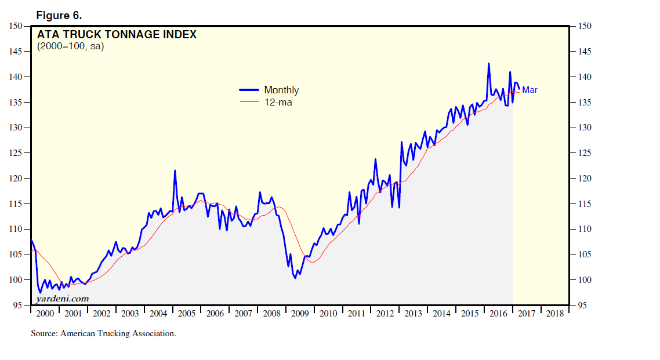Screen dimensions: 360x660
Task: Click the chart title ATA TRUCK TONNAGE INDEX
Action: point(117,35)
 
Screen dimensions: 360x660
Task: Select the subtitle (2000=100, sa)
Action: point(70,47)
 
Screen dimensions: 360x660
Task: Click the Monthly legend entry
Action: point(281,90)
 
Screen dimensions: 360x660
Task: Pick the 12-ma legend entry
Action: point(278,102)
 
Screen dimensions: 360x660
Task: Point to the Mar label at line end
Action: point(530,90)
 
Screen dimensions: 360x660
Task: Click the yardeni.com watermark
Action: point(63,299)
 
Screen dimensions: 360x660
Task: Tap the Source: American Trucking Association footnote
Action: point(103,333)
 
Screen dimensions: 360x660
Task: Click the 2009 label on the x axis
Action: point(300,314)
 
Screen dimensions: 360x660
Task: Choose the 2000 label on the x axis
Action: point(45,314)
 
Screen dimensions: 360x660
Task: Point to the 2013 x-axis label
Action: point(413,314)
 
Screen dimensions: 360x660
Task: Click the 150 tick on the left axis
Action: point(16,26)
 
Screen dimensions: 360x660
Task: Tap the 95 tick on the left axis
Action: point(17,305)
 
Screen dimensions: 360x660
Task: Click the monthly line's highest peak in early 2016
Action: point(489,64)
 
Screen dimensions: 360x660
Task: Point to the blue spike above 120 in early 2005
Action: point(175,170)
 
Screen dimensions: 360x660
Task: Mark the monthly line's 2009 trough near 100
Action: point(295,278)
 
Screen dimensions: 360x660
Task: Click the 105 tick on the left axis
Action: point(16,254)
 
